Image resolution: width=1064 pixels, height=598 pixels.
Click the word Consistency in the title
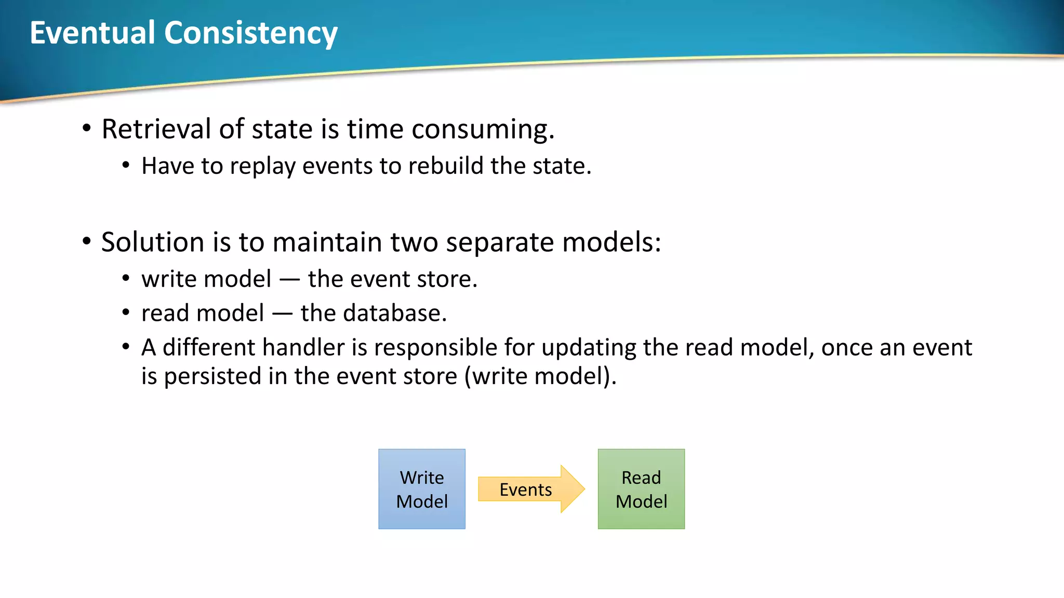click(x=251, y=33)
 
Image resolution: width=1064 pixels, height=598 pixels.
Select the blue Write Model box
click(x=422, y=489)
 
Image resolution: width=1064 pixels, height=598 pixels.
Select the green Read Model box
click(x=641, y=489)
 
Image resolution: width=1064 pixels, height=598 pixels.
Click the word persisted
click(x=212, y=376)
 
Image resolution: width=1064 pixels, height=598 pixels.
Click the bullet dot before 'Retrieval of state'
click(x=87, y=128)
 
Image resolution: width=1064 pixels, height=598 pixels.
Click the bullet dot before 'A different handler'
click(x=126, y=346)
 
